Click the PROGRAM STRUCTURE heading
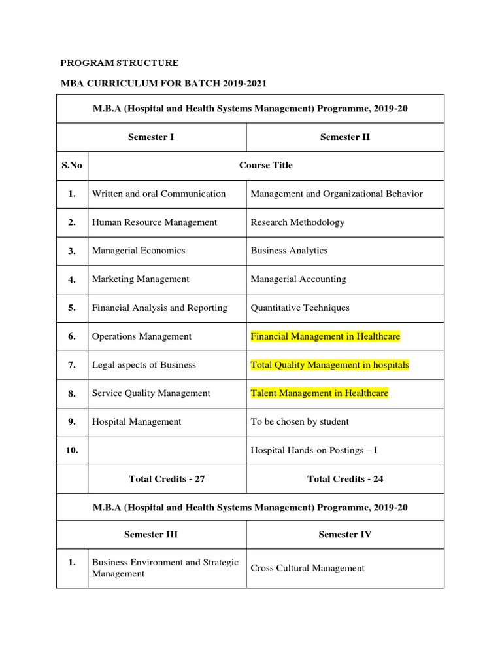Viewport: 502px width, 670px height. tap(119, 63)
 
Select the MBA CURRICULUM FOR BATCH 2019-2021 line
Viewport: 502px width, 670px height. tap(163, 84)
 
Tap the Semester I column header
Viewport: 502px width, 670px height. tap(151, 137)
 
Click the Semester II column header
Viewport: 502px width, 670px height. tap(345, 137)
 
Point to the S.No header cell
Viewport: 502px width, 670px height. tap(72, 165)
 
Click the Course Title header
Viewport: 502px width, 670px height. tap(265, 165)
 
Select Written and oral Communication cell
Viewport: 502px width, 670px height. tap(159, 194)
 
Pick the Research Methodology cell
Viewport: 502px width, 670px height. tap(297, 222)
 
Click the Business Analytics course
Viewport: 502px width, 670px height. tap(289, 251)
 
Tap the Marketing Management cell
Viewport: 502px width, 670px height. tap(141, 279)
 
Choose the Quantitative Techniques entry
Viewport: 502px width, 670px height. tap(300, 308)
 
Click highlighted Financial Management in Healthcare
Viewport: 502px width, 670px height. tap(326, 336)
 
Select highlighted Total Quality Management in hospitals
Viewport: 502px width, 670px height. tap(329, 365)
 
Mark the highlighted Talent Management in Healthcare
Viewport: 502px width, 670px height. tap(320, 393)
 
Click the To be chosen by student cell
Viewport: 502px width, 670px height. tap(300, 422)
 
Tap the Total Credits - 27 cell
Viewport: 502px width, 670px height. tap(167, 479)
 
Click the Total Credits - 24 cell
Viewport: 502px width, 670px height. tap(345, 479)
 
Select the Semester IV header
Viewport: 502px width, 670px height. tap(345, 535)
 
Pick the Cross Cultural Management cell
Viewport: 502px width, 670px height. tap(307, 568)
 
